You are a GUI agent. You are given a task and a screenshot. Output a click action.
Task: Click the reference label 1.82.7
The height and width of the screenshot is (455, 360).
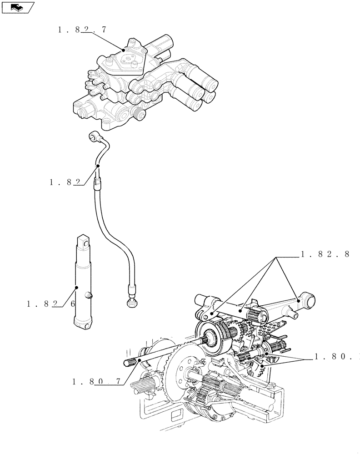pos(82,30)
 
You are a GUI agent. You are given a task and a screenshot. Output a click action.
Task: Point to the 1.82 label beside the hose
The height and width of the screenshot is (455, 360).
pos(65,182)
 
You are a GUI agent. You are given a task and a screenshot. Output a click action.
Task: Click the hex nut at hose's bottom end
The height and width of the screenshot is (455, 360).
pos(132,300)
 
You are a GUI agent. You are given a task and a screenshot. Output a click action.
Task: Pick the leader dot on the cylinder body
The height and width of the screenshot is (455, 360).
pos(76,288)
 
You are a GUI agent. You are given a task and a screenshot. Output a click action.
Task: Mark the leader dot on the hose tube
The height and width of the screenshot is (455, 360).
pos(97,167)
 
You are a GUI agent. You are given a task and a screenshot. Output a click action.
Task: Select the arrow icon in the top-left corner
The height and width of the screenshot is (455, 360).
pos(17,7)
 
